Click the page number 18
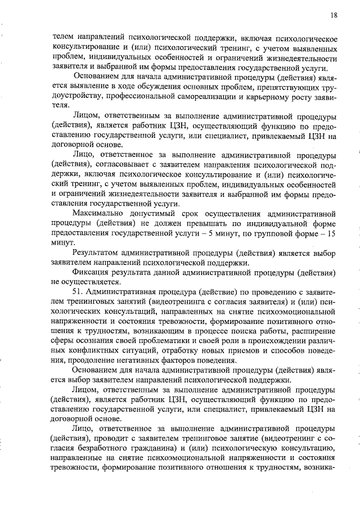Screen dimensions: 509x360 point(334,16)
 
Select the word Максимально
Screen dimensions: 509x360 point(100,214)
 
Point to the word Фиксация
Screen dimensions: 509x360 point(90,272)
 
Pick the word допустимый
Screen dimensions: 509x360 point(154,214)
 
